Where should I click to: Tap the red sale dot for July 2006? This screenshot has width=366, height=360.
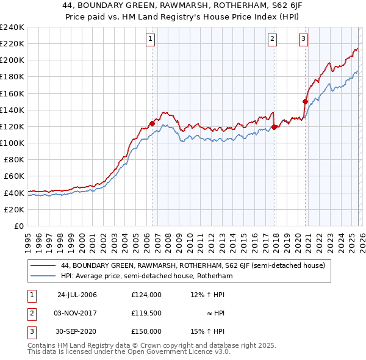point(152,123)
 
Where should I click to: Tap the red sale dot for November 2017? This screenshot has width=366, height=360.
point(274,127)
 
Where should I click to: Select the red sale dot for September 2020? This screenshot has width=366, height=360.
point(305,102)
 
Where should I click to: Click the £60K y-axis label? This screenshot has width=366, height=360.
point(14,176)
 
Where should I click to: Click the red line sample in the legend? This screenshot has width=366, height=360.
point(43,266)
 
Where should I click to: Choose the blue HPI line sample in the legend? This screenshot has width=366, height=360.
point(43,276)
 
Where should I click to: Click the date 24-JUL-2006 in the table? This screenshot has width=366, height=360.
point(77,295)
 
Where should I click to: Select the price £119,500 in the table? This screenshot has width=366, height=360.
point(146,313)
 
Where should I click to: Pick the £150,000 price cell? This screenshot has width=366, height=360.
point(146,331)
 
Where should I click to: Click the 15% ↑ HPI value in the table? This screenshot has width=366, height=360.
point(207,331)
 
